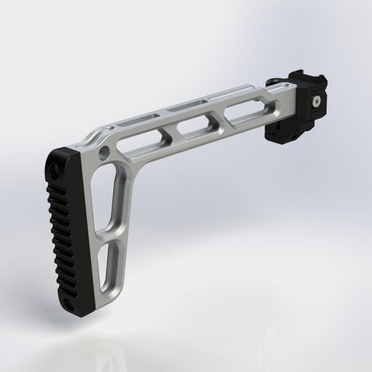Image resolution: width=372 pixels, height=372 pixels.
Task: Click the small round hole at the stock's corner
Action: pyautogui.click(x=107, y=152)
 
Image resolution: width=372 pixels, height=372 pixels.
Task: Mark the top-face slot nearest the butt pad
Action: pyautogui.click(x=144, y=116)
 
